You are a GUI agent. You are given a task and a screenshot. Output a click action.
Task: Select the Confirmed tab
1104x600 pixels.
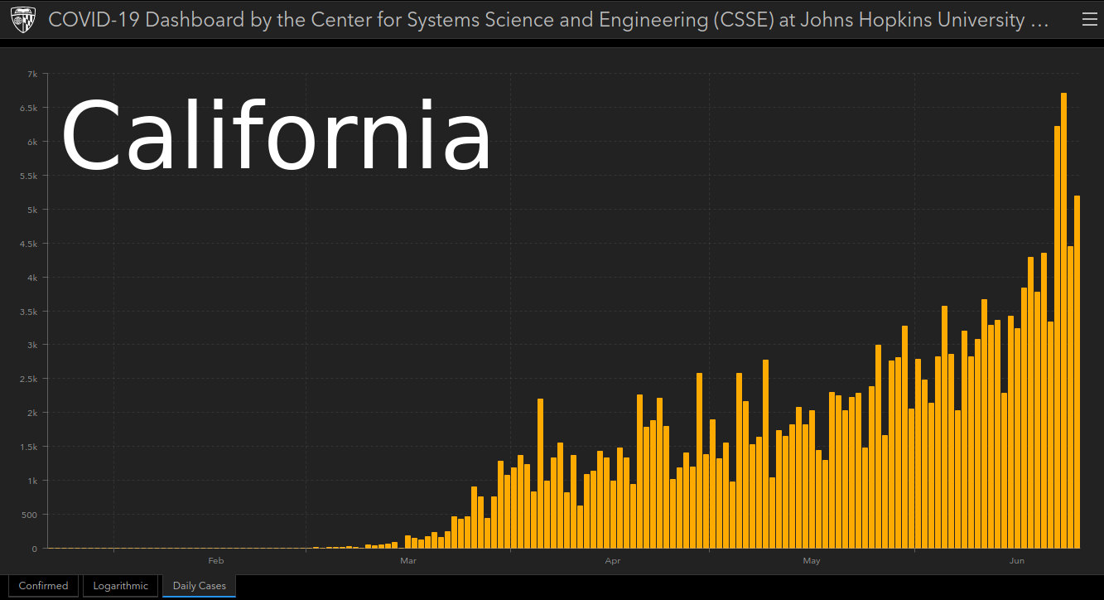tap(43, 586)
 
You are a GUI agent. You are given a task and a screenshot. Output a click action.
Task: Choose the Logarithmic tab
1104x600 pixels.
tap(120, 586)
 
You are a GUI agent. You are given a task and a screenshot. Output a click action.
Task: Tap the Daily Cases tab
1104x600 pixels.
tap(199, 586)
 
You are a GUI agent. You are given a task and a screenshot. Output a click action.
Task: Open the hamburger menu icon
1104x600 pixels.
tap(1090, 20)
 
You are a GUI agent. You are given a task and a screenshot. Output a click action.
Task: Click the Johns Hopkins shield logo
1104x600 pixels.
tap(23, 20)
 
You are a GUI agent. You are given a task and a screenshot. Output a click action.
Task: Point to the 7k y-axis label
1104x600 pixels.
tap(32, 75)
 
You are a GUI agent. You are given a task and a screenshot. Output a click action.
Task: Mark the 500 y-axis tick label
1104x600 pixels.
tap(29, 515)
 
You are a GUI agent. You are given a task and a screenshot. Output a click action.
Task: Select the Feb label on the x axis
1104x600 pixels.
tap(216, 561)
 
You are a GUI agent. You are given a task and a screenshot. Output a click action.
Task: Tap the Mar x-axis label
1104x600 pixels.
tap(407, 561)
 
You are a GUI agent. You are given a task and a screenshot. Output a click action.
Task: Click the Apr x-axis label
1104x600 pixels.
tap(613, 561)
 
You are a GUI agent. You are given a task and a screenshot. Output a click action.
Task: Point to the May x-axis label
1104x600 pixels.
tap(812, 561)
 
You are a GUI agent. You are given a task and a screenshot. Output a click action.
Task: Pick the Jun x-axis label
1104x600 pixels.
tap(1017, 561)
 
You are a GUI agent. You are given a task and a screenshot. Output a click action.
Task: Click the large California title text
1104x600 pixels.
tap(277, 135)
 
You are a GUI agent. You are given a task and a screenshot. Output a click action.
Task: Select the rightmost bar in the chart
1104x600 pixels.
tap(1077, 372)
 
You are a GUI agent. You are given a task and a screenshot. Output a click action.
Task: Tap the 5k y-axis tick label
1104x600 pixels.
tap(32, 210)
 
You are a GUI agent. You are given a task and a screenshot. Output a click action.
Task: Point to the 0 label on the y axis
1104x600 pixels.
tap(35, 549)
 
